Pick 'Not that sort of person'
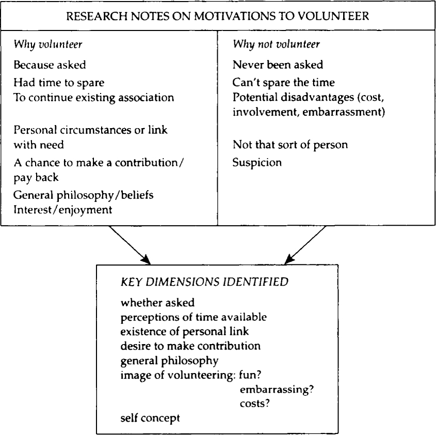[x=283, y=145]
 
